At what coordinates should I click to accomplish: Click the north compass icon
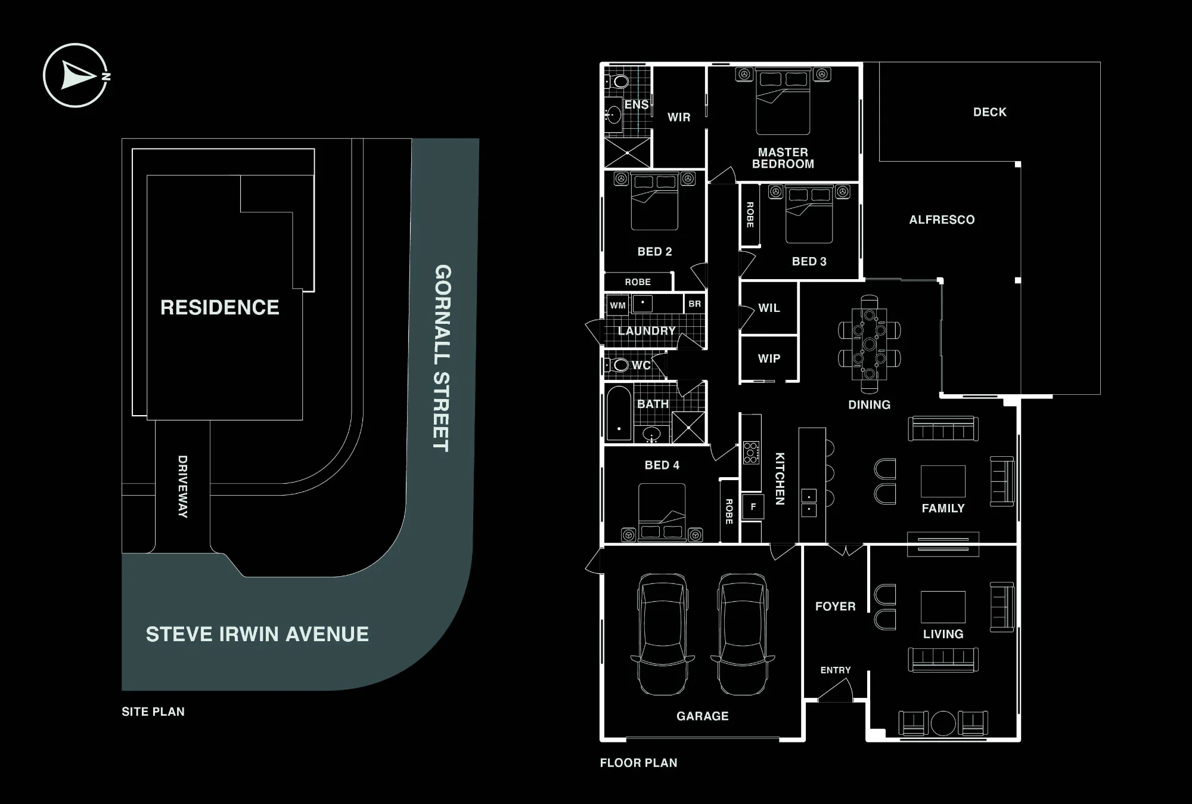(x=76, y=76)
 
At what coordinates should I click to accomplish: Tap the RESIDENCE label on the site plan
(x=220, y=307)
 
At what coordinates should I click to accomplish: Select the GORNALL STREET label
(x=442, y=358)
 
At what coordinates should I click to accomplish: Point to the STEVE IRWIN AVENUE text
(x=257, y=634)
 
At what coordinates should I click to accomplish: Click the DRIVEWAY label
(x=182, y=487)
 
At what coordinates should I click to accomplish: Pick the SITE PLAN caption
(x=153, y=712)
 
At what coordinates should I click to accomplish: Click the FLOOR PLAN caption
(x=638, y=763)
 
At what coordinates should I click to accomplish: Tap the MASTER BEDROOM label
(x=783, y=158)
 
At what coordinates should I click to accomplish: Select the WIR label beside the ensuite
(x=679, y=117)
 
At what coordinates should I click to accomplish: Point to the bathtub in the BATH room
(x=619, y=413)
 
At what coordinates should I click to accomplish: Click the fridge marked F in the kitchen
(x=753, y=507)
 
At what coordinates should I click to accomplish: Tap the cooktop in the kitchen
(x=752, y=453)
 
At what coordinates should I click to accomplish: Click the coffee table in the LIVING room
(x=943, y=607)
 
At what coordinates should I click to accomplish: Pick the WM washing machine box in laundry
(x=617, y=305)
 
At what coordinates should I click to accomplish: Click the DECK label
(x=989, y=112)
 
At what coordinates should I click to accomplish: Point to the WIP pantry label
(x=769, y=358)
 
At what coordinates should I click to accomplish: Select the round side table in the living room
(x=943, y=723)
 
